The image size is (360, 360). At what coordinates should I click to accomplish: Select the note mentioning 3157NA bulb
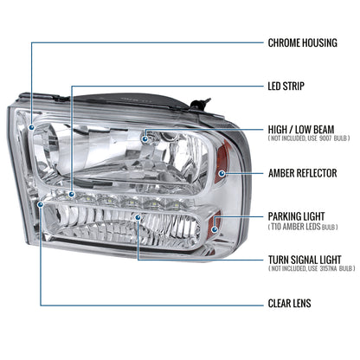point(312,269)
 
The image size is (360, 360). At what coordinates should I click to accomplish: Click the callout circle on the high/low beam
point(146,136)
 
